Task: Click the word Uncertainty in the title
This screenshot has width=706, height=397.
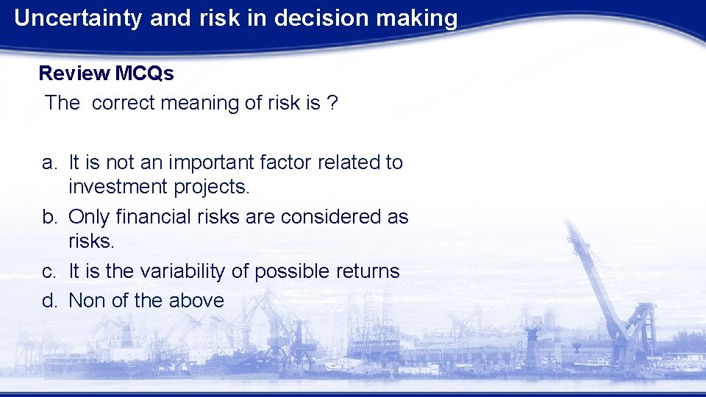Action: [x=78, y=18]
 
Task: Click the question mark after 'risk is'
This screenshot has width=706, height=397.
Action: [x=333, y=103]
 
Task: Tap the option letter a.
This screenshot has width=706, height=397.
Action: [x=48, y=162]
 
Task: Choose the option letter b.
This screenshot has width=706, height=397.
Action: [x=48, y=218]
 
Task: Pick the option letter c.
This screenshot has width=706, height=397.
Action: [x=48, y=272]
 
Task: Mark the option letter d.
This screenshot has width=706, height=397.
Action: [x=48, y=301]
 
